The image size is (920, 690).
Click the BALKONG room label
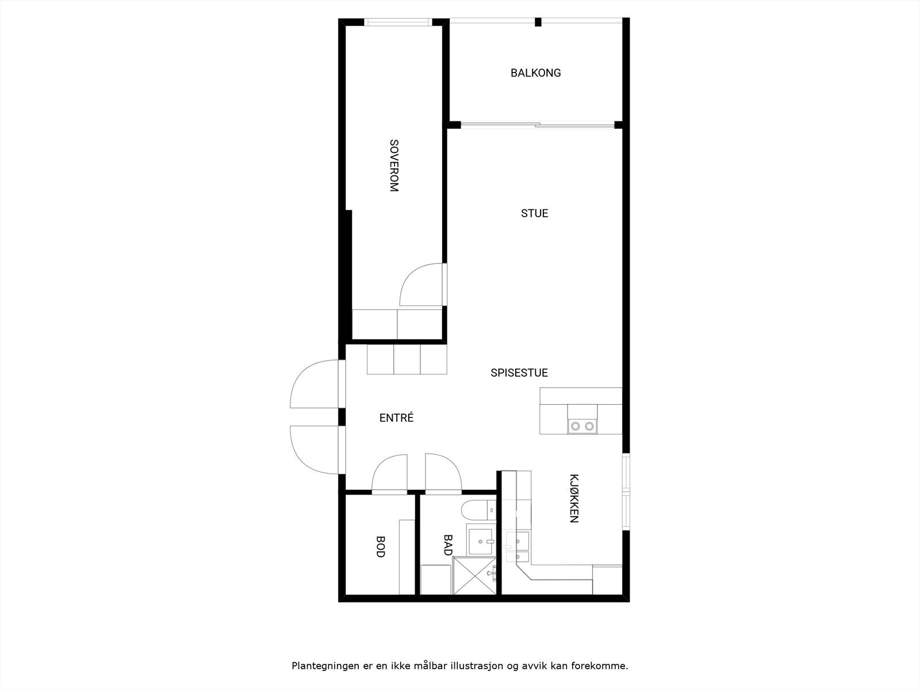(x=535, y=73)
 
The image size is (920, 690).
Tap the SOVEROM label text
(x=394, y=166)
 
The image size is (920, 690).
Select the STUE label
(x=534, y=213)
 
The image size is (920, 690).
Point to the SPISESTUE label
(x=519, y=373)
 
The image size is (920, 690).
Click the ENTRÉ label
(x=396, y=418)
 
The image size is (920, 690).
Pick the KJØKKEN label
(x=573, y=498)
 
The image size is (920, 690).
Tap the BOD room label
(x=380, y=546)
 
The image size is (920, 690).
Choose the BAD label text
(x=448, y=545)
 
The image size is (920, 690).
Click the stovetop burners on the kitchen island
(x=582, y=426)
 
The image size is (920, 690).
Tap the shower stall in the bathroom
(x=474, y=575)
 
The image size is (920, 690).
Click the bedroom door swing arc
(x=420, y=285)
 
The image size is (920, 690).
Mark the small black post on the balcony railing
(x=538, y=22)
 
